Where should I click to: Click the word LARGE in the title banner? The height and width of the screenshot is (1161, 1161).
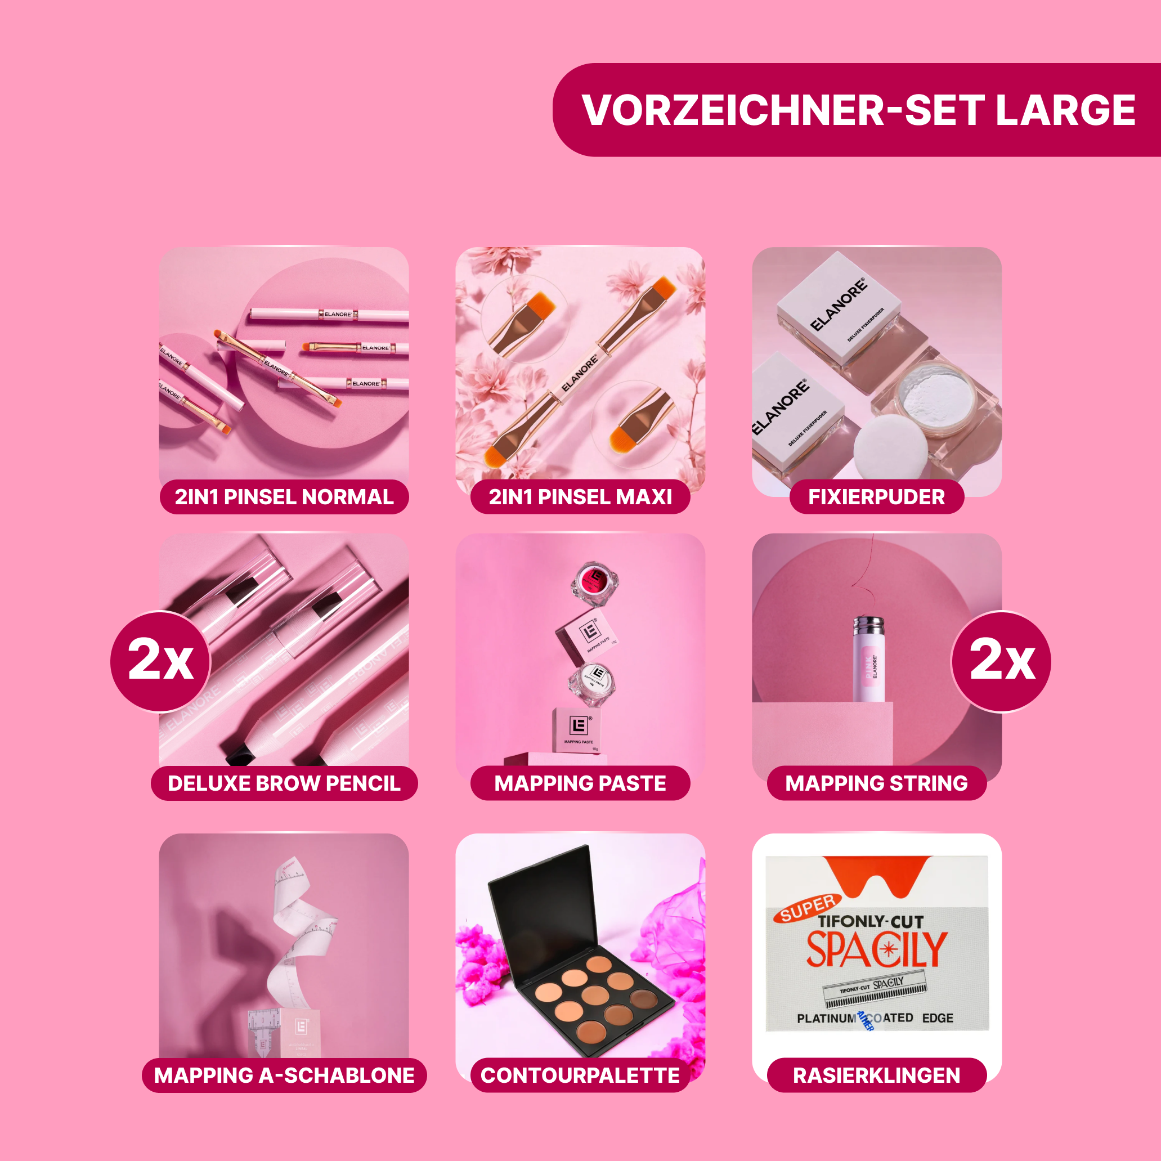[x=1065, y=110]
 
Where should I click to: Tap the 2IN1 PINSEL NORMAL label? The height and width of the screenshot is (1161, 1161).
[x=284, y=497]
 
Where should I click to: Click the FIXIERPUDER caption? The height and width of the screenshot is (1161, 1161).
[x=876, y=497]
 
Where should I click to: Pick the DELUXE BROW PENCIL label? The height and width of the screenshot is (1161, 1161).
[x=284, y=783]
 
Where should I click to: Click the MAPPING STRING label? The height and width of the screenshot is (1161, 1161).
[x=876, y=783]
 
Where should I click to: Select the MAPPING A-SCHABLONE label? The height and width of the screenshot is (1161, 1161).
[x=284, y=1075]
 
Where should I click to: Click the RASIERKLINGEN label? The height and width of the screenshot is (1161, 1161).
[x=876, y=1075]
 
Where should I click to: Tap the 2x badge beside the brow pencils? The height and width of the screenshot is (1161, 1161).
[x=160, y=661]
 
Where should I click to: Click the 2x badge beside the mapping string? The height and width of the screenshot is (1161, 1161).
[x=1001, y=661]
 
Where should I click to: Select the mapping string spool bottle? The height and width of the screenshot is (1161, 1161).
[x=869, y=660]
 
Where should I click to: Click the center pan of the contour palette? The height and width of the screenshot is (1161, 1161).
[x=595, y=994]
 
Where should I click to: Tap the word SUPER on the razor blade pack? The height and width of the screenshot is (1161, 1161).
[x=808, y=907]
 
